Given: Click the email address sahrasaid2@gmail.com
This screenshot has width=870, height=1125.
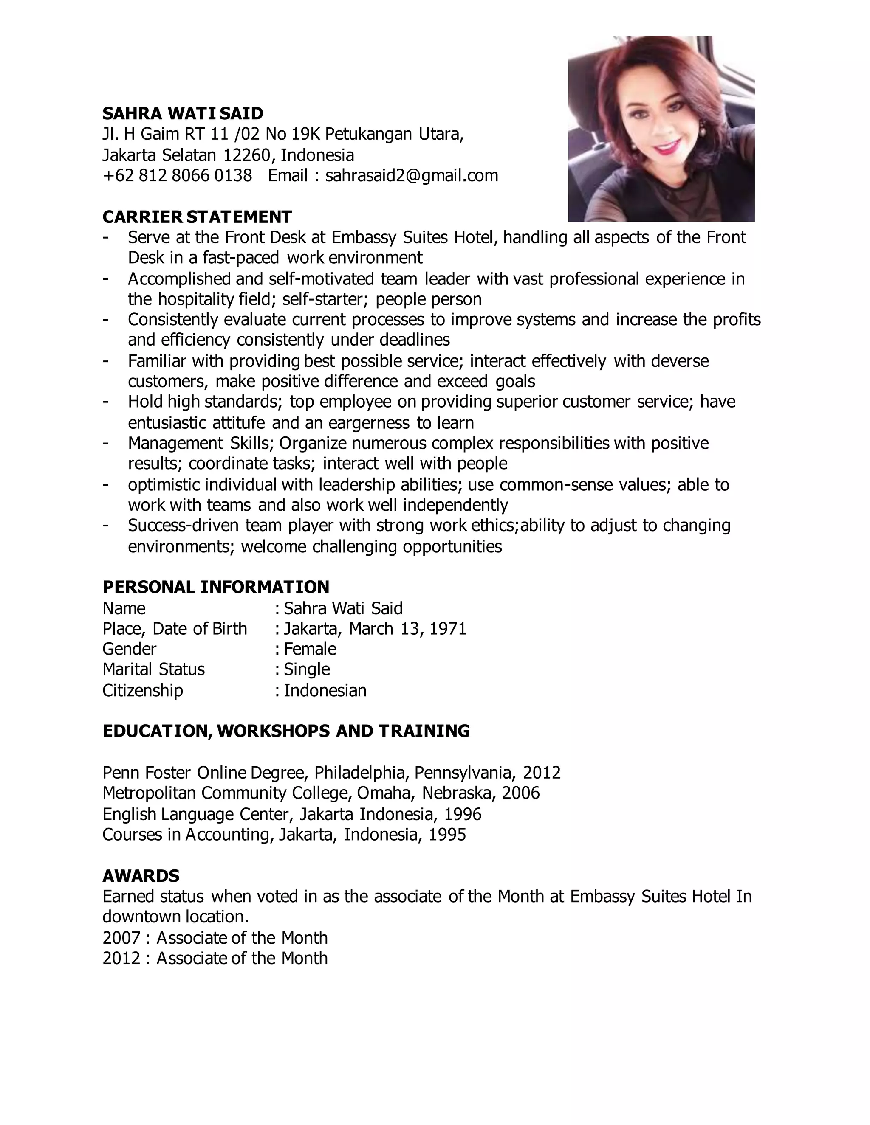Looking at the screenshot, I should (x=411, y=176).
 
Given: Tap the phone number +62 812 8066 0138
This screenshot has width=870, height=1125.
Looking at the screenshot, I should (x=177, y=176).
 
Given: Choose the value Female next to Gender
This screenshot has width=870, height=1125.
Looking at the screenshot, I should (x=310, y=649).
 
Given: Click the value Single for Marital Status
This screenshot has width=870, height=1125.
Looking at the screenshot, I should (x=307, y=669).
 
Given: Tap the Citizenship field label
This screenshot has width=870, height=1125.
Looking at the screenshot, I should (x=142, y=690).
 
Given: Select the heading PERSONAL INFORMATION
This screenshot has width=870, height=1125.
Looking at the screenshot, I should (x=215, y=587).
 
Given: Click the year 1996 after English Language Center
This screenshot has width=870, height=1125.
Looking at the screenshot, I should (x=462, y=814).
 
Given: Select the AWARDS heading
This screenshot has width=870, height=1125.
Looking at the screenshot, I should (x=141, y=876).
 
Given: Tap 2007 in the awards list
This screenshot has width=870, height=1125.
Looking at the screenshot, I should (x=121, y=937).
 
